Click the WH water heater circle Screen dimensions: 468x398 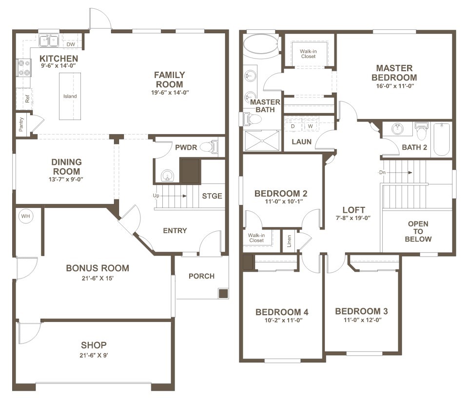(x=26, y=216)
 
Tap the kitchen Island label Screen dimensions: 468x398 (x=70, y=96)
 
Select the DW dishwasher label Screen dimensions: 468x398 (x=71, y=44)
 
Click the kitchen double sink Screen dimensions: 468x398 (x=49, y=40)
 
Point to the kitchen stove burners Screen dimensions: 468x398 (x=24, y=67)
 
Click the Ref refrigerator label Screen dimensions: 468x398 (x=27, y=99)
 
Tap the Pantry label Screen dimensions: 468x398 (x=21, y=124)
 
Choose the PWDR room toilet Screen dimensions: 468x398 (x=209, y=147)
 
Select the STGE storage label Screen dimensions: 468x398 (x=212, y=196)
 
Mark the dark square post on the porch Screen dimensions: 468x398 (x=223, y=293)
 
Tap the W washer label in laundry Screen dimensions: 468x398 (x=311, y=126)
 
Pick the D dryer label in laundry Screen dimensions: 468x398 (x=293, y=126)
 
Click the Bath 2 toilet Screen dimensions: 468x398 (x=421, y=131)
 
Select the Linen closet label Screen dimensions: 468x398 (x=289, y=241)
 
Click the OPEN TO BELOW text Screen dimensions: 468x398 (x=418, y=231)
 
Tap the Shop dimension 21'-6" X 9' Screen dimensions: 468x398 (x=94, y=355)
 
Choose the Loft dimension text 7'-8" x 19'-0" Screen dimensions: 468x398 (x=353, y=218)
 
